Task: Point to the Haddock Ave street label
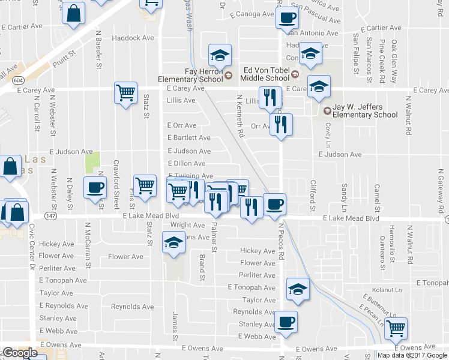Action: point(133,38)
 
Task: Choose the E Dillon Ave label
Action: point(186,163)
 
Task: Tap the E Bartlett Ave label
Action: point(188,137)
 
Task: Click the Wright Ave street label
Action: point(187,225)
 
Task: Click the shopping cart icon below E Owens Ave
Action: point(396,328)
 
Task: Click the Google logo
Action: point(20,353)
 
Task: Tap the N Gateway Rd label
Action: point(440,190)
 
